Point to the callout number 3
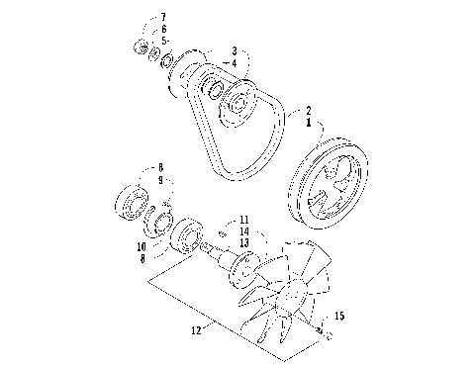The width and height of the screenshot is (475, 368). pyautogui.click(x=234, y=50)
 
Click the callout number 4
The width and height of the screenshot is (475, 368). pyautogui.click(x=234, y=62)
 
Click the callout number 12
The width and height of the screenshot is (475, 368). pyautogui.click(x=196, y=330)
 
